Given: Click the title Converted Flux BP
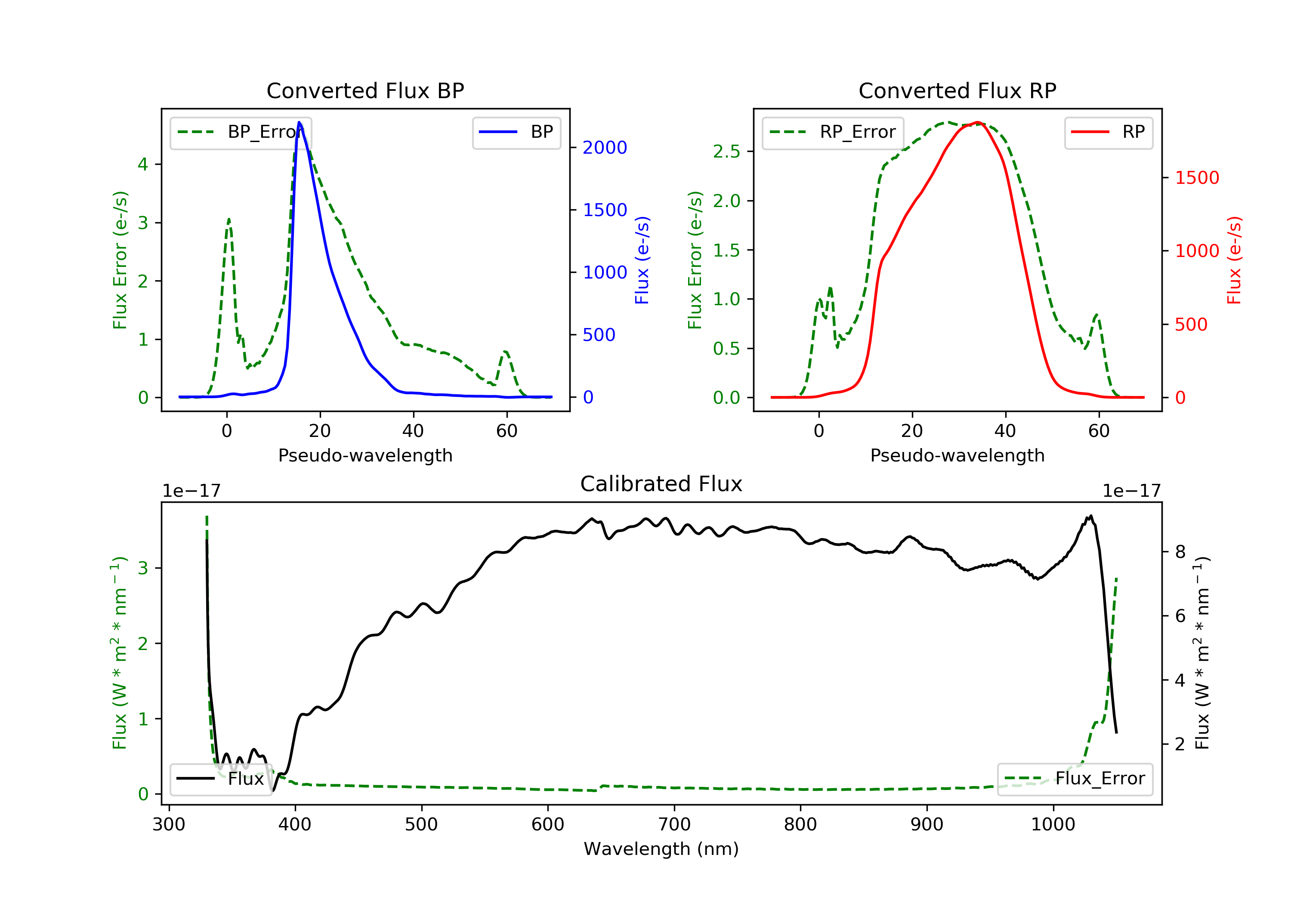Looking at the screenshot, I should [x=365, y=90].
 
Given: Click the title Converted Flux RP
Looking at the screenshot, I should [x=957, y=90].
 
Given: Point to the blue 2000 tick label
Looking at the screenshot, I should [x=605, y=148].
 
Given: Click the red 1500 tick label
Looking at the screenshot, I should [x=1196, y=178].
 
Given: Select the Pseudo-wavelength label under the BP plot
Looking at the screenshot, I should [x=365, y=455].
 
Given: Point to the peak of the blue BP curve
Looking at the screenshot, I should [x=299, y=122].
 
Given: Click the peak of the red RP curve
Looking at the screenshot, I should [x=978, y=122].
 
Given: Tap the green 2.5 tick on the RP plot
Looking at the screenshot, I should [x=726, y=152].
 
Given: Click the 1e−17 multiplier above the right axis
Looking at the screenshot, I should [x=1131, y=491].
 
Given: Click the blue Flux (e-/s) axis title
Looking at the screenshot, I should [x=642, y=260].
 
